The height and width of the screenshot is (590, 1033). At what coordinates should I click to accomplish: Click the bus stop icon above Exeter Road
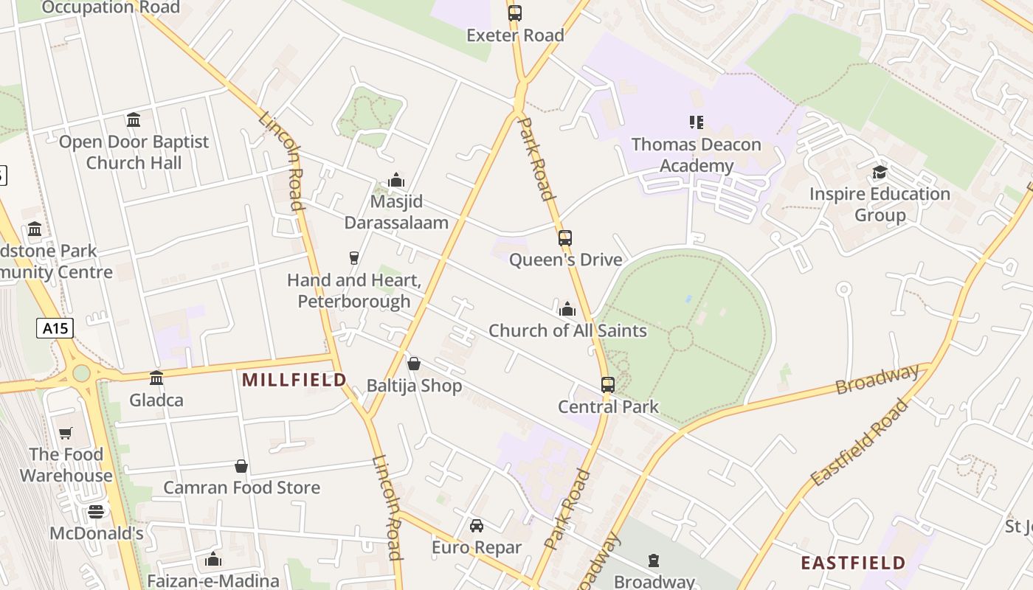(515, 13)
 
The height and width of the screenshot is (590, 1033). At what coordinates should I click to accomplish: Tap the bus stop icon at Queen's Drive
(565, 238)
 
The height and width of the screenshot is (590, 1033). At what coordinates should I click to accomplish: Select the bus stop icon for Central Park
(608, 385)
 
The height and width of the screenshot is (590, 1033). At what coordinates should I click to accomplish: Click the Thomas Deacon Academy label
(696, 155)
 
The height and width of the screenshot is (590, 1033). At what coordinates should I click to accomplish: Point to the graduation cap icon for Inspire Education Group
(880, 173)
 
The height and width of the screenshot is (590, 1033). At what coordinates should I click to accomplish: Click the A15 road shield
(55, 328)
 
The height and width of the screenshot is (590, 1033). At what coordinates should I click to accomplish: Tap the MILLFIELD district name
(294, 380)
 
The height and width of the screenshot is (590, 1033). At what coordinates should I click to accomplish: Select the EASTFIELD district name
(853, 563)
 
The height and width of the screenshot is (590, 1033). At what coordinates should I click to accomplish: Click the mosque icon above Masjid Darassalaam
(396, 181)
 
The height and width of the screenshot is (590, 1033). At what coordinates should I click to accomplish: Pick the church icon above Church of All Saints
(567, 309)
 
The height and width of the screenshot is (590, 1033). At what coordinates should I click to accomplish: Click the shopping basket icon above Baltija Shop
(414, 364)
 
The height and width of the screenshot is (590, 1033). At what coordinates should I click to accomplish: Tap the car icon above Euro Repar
(477, 526)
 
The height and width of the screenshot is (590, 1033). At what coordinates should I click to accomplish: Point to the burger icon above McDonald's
(96, 511)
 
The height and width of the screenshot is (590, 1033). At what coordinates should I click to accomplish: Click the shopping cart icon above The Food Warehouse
(66, 433)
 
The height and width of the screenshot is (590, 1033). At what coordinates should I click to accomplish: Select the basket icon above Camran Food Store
(241, 466)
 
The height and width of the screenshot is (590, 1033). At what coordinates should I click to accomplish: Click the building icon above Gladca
(156, 378)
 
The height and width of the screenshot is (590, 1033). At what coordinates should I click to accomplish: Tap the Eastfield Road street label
(860, 442)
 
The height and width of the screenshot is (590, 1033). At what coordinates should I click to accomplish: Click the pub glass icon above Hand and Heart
(354, 257)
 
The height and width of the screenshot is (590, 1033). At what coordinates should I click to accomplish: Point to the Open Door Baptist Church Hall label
(134, 152)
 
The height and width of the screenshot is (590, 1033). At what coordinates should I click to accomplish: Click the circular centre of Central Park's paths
(680, 339)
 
